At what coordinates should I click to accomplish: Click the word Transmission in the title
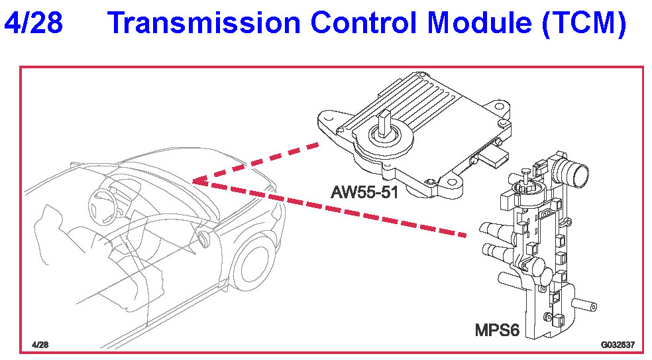pos(186,24)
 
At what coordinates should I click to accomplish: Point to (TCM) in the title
pos(584,24)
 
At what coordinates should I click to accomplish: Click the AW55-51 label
pos(364,193)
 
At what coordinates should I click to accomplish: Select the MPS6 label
pos(496,330)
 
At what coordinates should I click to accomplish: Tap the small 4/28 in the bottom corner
pos(40,345)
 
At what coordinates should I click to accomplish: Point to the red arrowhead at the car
pos(197,181)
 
